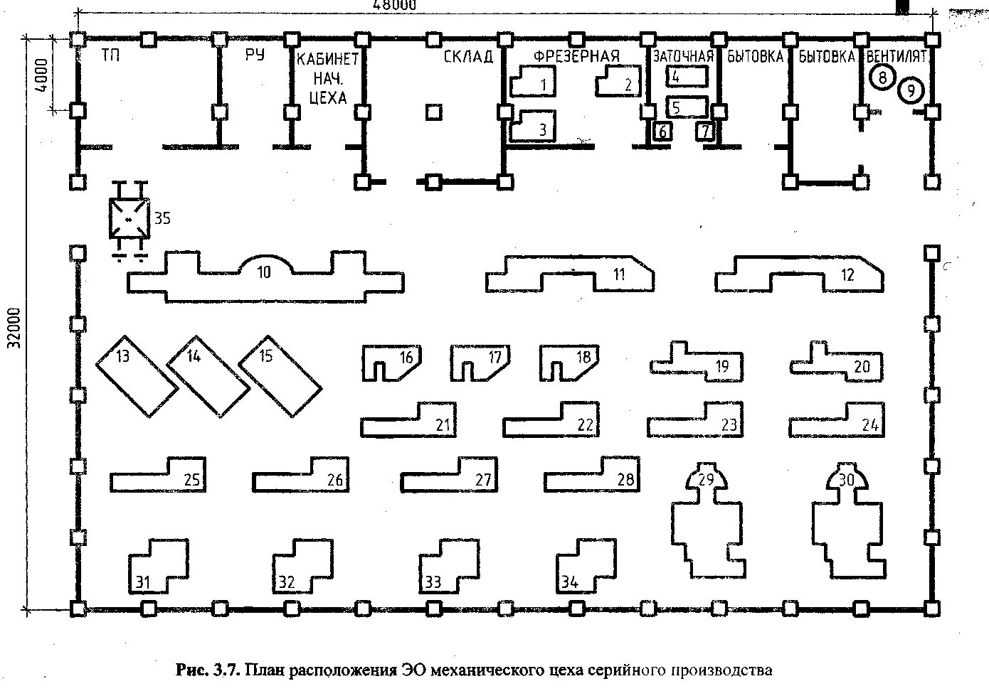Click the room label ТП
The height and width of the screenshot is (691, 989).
pos(111,55)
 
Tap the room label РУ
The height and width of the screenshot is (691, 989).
pos(255,55)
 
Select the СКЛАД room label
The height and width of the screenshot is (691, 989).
pos(468,56)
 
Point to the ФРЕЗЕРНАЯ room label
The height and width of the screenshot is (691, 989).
pos(576,56)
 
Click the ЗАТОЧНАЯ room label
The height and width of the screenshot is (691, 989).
pos(683,56)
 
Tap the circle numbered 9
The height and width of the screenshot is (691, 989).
pos(911,91)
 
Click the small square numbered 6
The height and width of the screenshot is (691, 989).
pos(662,132)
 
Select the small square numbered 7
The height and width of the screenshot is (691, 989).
pos(704,132)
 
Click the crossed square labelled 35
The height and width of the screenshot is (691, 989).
pos(129,219)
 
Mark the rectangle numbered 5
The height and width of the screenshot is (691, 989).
pos(687,107)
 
